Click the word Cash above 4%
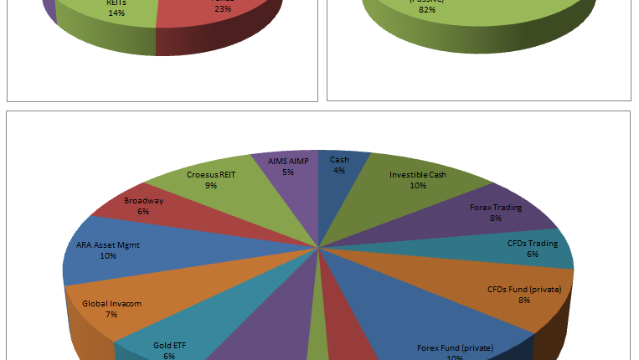click(339, 159)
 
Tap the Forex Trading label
click(496, 207)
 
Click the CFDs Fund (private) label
click(523, 290)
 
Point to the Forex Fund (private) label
click(455, 347)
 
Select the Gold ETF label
click(170, 345)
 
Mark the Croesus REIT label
click(210, 175)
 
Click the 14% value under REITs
click(117, 13)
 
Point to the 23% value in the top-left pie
click(223, 9)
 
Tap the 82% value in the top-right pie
click(426, 9)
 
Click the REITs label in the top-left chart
click(117, 3)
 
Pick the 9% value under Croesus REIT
click(210, 186)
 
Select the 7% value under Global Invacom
click(111, 315)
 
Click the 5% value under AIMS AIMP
click(288, 172)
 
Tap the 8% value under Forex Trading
click(496, 218)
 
